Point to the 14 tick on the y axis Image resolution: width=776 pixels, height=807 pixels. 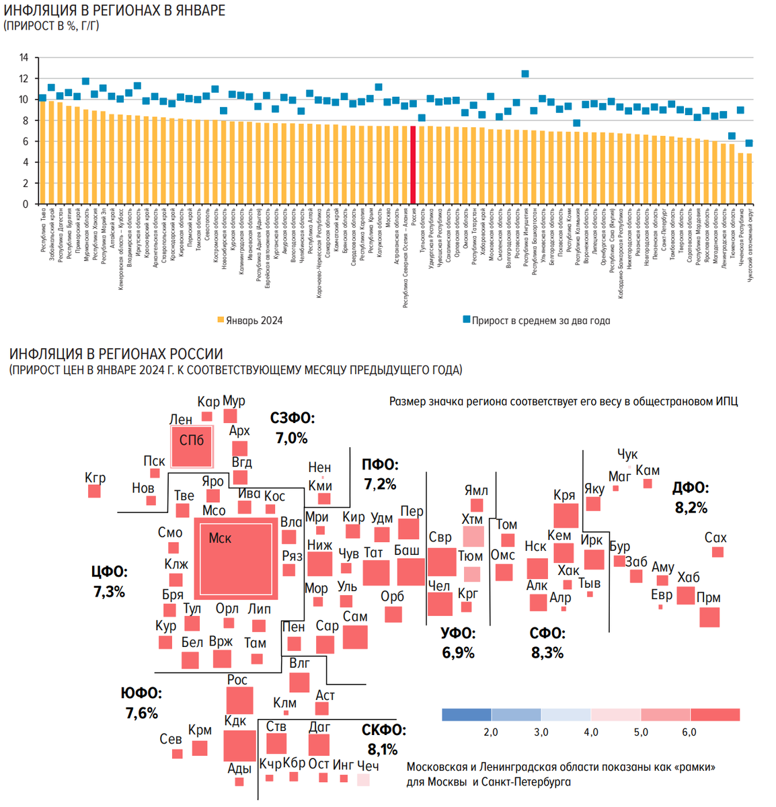coord(24,58)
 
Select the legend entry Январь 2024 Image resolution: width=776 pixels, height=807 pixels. coord(249,321)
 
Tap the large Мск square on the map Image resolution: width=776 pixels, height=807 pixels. coord(235,558)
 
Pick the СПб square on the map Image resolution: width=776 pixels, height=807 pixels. coord(192,447)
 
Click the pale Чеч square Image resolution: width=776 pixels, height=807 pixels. coord(363,779)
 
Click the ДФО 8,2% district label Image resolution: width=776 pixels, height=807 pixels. coord(691,498)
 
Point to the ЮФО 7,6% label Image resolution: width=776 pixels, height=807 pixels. coord(141,703)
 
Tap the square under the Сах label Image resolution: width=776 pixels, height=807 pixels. coord(717,552)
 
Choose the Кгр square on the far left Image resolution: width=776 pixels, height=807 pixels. coord(94,492)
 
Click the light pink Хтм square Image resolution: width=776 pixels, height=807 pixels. coord(473,537)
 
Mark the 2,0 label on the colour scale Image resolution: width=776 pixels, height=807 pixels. coord(491,732)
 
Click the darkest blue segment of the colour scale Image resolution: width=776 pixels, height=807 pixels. coord(467,714)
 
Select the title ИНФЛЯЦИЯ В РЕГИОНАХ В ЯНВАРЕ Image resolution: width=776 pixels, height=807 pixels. coord(114,11)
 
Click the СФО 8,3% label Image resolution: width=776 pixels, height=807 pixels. coord(547,643)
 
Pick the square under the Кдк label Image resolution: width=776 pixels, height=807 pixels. coord(239,745)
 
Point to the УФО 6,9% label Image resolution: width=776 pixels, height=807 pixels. coord(458,643)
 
